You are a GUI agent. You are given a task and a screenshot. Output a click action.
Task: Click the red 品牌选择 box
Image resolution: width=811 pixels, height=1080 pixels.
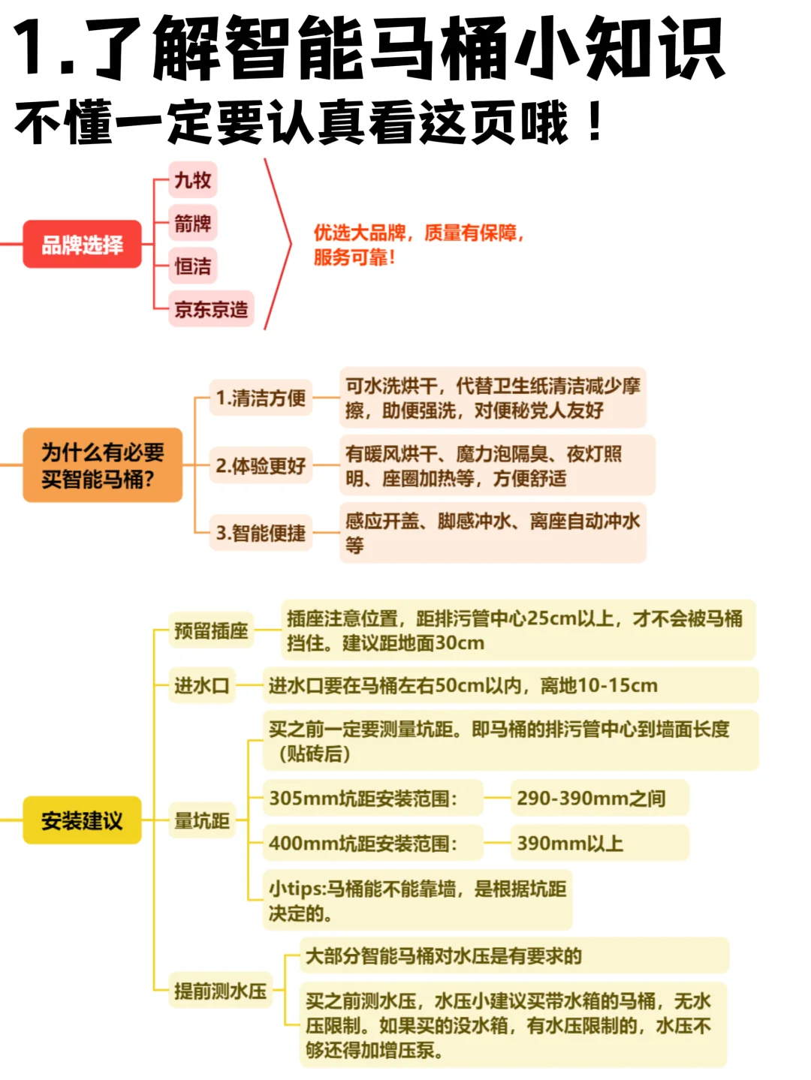coord(82,245)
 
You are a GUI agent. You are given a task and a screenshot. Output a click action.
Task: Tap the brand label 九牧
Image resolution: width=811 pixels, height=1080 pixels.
coord(192,181)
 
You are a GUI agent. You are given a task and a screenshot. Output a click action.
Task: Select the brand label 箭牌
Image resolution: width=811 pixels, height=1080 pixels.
coord(192,224)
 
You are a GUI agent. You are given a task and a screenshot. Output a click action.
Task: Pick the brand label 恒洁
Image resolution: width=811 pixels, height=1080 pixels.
coord(192,266)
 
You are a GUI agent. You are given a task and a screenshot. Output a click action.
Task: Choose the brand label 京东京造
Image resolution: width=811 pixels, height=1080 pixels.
coord(211,309)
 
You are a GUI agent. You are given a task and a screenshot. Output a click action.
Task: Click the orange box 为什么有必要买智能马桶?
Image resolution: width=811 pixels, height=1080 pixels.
coord(103,465)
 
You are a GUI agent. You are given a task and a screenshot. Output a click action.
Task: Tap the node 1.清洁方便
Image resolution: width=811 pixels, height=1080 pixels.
coord(261,398)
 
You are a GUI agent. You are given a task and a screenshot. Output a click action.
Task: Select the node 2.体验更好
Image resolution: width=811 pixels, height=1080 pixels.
coord(261,466)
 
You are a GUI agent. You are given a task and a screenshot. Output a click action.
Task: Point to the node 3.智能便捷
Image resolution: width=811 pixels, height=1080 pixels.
coord(261,534)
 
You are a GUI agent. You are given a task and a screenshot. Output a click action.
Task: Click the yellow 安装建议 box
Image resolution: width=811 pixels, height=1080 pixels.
coord(82,820)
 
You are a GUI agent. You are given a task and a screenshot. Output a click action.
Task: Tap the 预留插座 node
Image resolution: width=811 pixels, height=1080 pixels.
coord(211,630)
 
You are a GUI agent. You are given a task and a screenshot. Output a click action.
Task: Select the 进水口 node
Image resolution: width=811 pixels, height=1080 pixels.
coord(202,685)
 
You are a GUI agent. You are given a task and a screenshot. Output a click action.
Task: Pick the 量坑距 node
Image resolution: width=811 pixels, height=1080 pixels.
coord(202,820)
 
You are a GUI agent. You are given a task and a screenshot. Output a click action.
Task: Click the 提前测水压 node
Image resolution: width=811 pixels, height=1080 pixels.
coord(220,991)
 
